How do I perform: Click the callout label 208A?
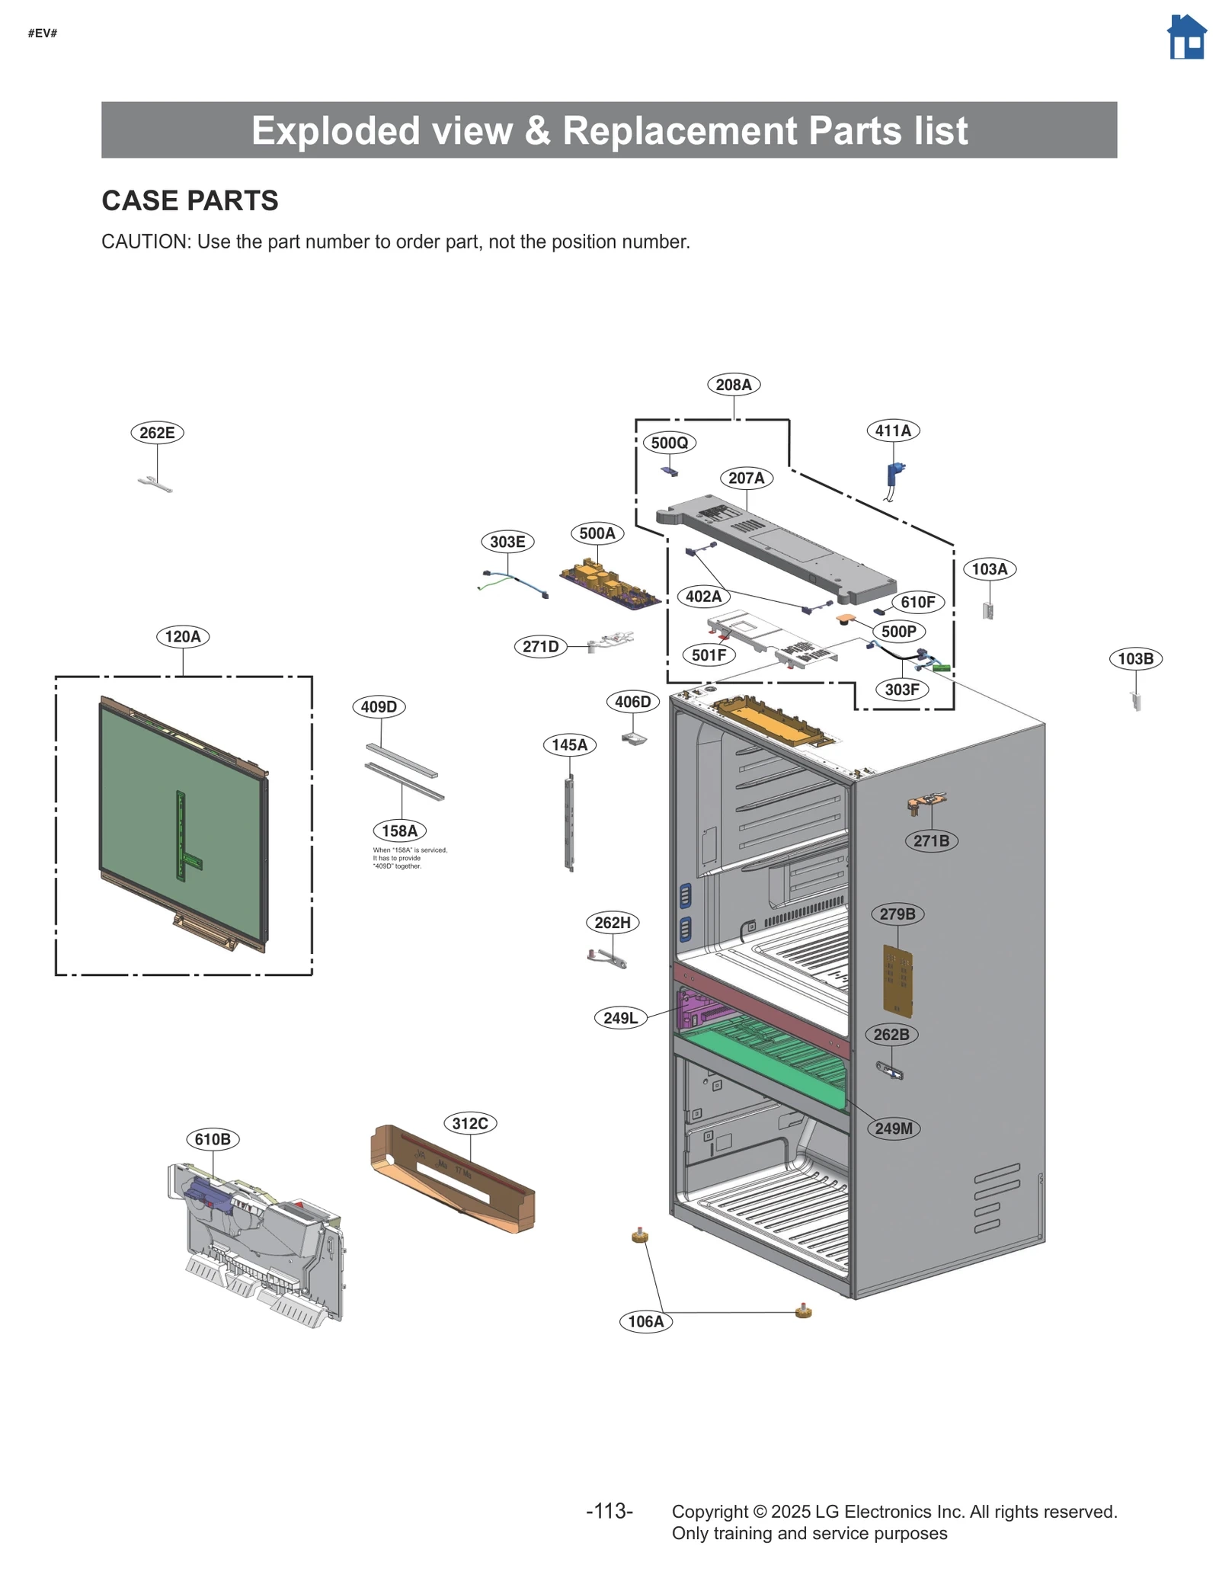733,385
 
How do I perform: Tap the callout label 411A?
892,431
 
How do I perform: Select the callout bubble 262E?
157,433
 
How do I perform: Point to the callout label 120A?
183,636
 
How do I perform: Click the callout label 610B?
213,1139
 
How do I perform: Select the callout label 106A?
645,1321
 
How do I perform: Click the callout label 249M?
893,1128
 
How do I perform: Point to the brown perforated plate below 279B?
897,981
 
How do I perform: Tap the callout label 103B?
1134,658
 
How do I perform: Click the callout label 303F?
902,690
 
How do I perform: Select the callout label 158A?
399,831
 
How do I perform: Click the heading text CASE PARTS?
190,200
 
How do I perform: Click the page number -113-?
609,1511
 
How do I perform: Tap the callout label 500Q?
669,443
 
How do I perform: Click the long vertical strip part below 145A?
569,823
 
